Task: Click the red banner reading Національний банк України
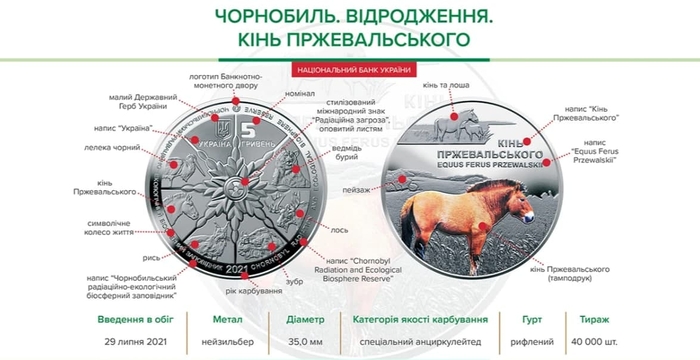tap(349, 71)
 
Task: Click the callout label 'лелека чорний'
tap(124, 148)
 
